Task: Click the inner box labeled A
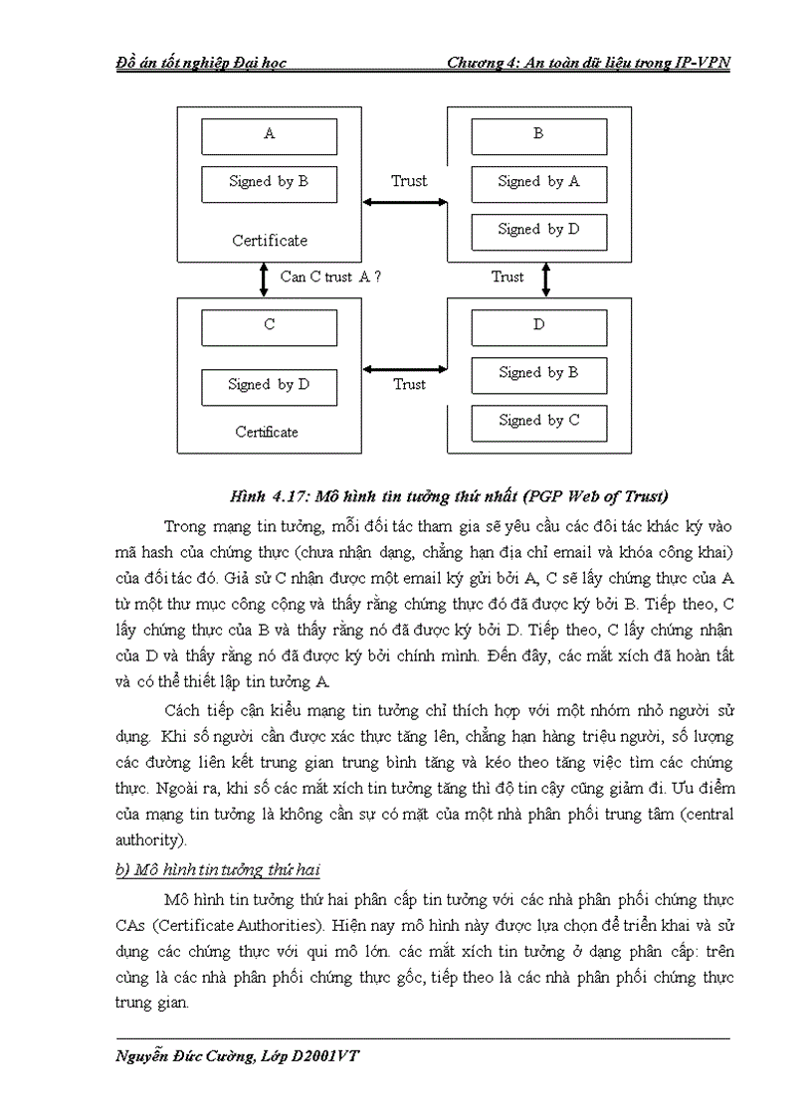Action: (x=269, y=136)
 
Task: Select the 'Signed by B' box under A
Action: (x=269, y=183)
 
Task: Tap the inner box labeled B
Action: (x=538, y=136)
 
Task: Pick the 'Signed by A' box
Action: (x=538, y=183)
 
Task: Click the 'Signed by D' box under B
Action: (x=538, y=231)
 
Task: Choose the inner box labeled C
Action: (x=269, y=327)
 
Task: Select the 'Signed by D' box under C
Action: (x=269, y=386)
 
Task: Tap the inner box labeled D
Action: (x=538, y=327)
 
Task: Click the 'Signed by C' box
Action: (x=538, y=422)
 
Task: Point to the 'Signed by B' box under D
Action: (x=538, y=374)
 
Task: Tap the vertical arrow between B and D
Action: (x=545, y=279)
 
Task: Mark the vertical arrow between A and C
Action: (x=264, y=279)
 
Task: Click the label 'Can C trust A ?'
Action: (x=330, y=278)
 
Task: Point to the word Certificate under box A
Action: (x=270, y=241)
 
